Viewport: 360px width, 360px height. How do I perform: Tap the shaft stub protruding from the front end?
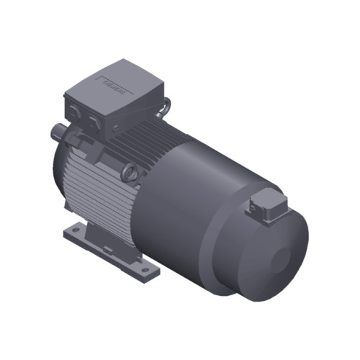coord(56,132)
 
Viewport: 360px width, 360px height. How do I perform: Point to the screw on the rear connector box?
coord(252,209)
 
